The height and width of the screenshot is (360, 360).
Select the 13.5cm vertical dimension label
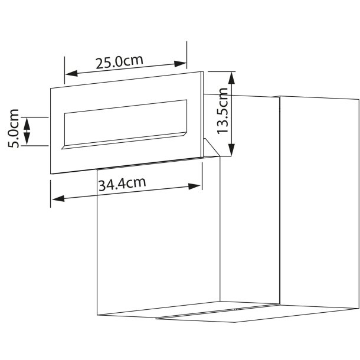223,112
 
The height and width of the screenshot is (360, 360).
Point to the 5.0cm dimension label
14,127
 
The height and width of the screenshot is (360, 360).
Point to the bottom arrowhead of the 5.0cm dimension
26,143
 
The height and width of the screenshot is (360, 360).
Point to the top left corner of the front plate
51,89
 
